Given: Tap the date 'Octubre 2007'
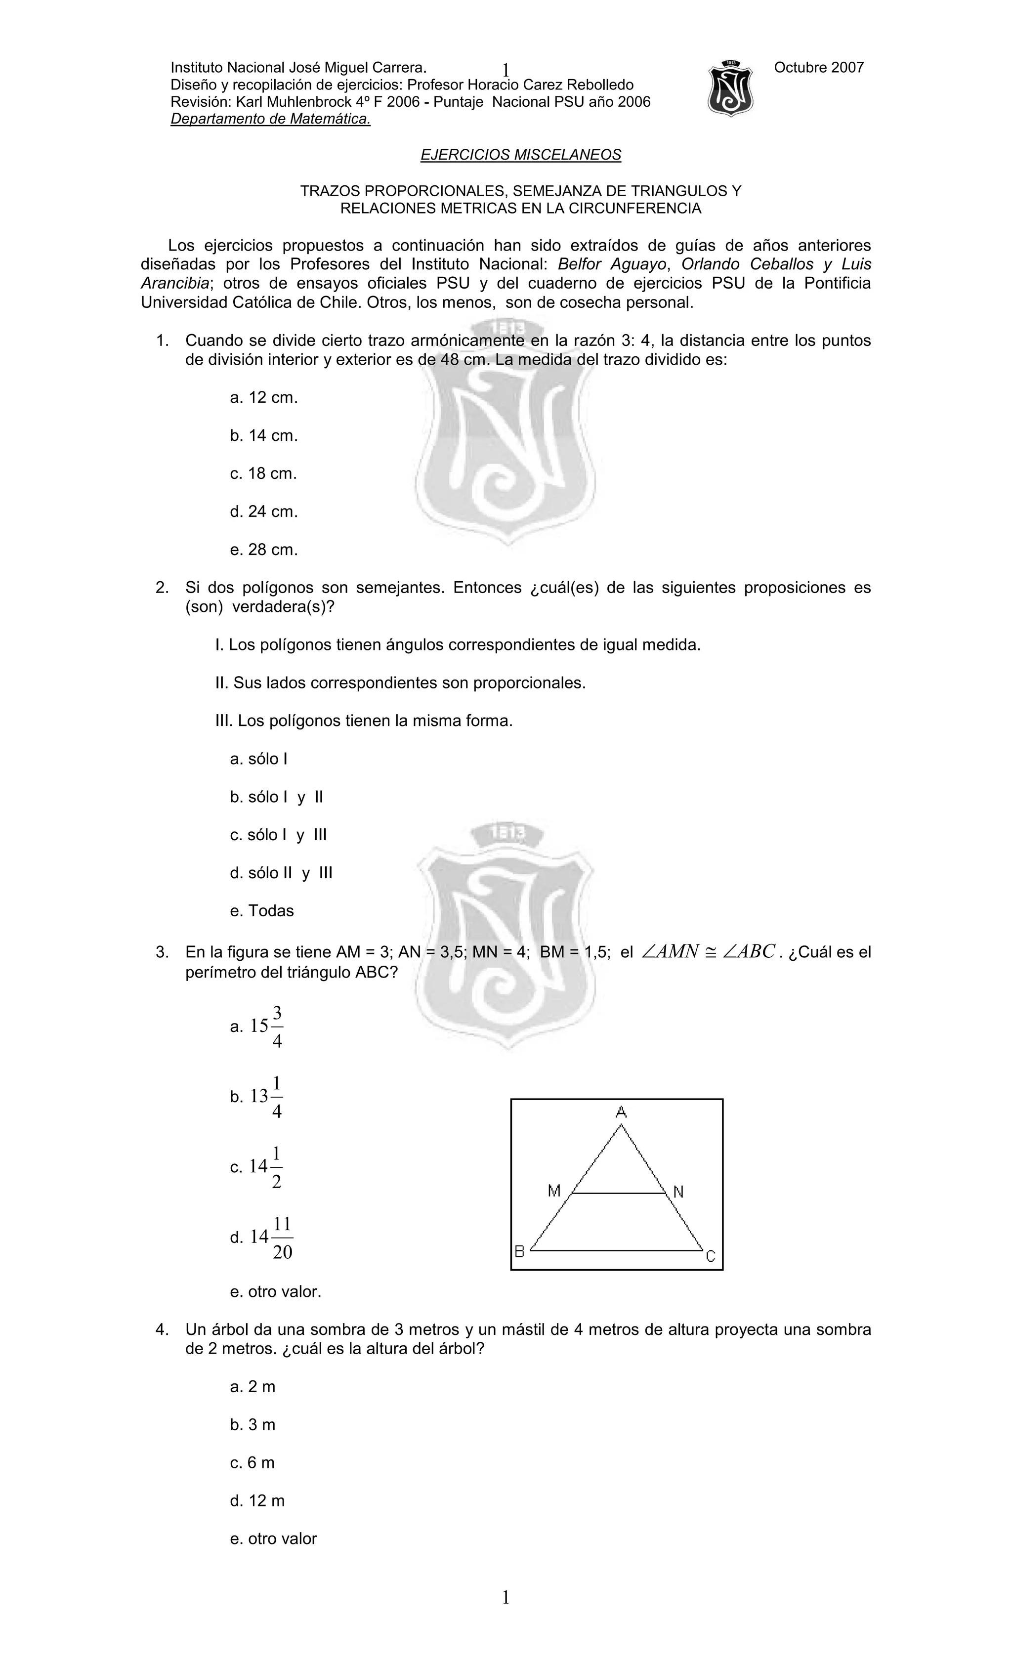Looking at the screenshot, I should tap(818, 68).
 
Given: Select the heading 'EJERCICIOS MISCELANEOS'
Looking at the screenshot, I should tap(520, 155).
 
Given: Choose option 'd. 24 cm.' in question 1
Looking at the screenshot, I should tap(264, 512).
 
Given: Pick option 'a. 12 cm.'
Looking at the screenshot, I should tap(264, 398).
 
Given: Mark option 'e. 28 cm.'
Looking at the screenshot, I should tap(264, 550).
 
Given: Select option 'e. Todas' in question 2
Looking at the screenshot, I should tap(262, 911).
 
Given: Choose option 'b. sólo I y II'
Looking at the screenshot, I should tap(276, 797).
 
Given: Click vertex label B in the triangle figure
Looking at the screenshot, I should tap(519, 1251).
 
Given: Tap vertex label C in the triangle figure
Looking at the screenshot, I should tap(710, 1257).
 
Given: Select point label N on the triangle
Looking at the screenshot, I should tap(678, 1192).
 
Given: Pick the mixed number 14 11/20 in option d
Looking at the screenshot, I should tap(271, 1238).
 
